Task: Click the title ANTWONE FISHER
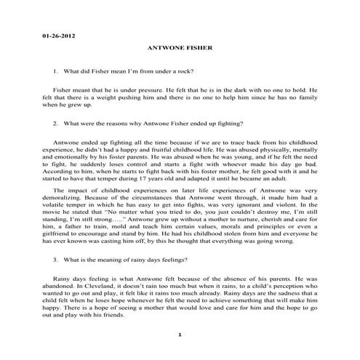[x=180, y=49]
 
